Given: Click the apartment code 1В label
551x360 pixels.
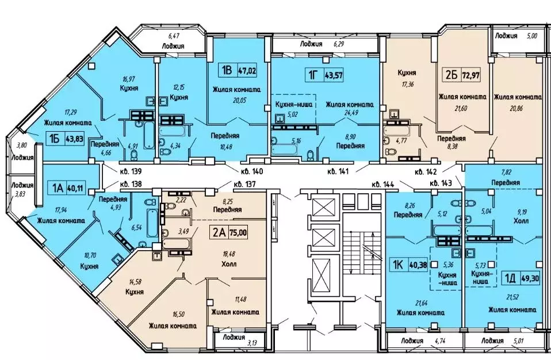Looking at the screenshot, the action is coord(225,71).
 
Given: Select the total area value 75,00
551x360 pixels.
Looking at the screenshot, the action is coord(238,232).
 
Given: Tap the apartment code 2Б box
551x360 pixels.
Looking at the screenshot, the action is coord(451,75).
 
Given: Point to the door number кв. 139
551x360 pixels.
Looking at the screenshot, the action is coord(131,171).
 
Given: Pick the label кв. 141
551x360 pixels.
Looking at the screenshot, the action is coord(338,171).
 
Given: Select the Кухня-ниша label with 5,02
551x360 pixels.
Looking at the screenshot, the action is coord(289,104).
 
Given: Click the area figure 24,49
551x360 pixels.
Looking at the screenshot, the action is coord(349,113).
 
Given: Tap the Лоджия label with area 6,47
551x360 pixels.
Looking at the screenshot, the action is coord(173,45).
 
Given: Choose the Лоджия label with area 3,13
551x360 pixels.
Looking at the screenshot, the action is coord(234,337).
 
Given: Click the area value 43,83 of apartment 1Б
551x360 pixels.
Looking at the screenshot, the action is coord(74,139).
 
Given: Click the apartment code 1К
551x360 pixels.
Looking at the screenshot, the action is coord(398,265).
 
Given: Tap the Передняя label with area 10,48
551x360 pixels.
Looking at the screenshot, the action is coord(225,136).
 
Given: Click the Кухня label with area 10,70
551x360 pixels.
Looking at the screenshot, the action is coord(89,266).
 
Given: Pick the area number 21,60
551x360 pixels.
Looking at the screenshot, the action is coord(460,108).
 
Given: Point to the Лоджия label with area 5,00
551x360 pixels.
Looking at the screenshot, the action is coord(506,36).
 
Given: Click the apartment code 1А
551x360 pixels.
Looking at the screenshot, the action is coord(58,188).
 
